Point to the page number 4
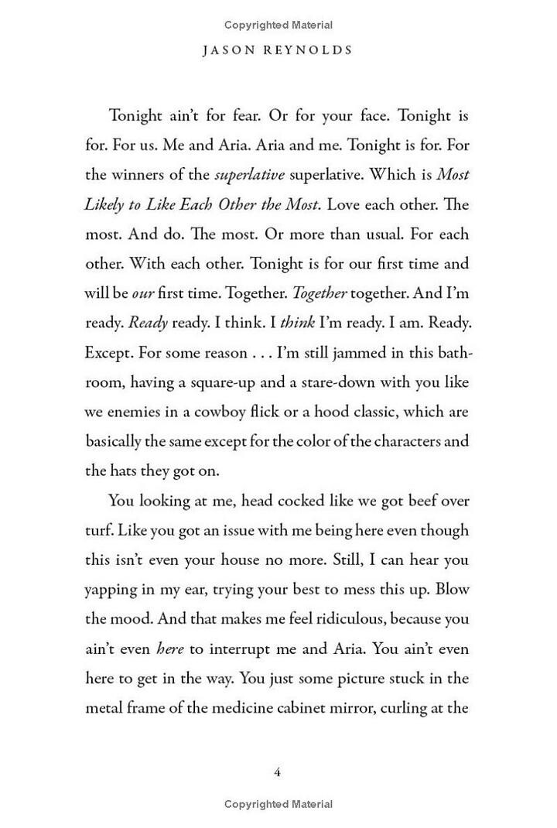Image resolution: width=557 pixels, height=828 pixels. [278, 772]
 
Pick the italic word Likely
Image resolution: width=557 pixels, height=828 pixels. [104, 204]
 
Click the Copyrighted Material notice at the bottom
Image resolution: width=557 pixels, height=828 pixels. [278, 805]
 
